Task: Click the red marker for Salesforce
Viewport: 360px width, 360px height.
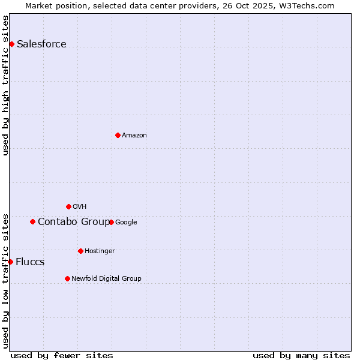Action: tap(11, 44)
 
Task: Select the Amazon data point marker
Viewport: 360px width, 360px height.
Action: tap(118, 135)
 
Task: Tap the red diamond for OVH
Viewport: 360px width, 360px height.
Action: tap(68, 206)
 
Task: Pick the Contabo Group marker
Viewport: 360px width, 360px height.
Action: tap(32, 221)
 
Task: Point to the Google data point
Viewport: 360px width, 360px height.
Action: tap(111, 222)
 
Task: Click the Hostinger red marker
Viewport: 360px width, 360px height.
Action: tap(80, 251)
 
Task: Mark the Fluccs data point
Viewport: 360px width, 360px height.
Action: tap(10, 262)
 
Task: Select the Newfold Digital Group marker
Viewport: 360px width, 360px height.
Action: tap(67, 278)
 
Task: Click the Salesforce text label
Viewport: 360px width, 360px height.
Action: tap(41, 44)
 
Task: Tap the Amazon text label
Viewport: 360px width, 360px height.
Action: tap(134, 136)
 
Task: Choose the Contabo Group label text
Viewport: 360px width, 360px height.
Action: tap(73, 222)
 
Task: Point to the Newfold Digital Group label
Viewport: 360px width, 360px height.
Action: tap(106, 278)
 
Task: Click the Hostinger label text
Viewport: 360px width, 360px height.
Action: tap(100, 251)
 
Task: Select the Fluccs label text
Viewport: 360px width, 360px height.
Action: tap(30, 262)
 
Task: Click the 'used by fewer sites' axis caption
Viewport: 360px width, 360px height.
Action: tap(62, 355)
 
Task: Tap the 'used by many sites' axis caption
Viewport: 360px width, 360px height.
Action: tap(301, 355)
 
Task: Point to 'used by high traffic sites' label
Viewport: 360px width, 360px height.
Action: tap(6, 86)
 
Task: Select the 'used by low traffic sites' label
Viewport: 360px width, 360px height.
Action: tap(6, 281)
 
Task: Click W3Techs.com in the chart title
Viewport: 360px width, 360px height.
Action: tap(309, 5)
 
